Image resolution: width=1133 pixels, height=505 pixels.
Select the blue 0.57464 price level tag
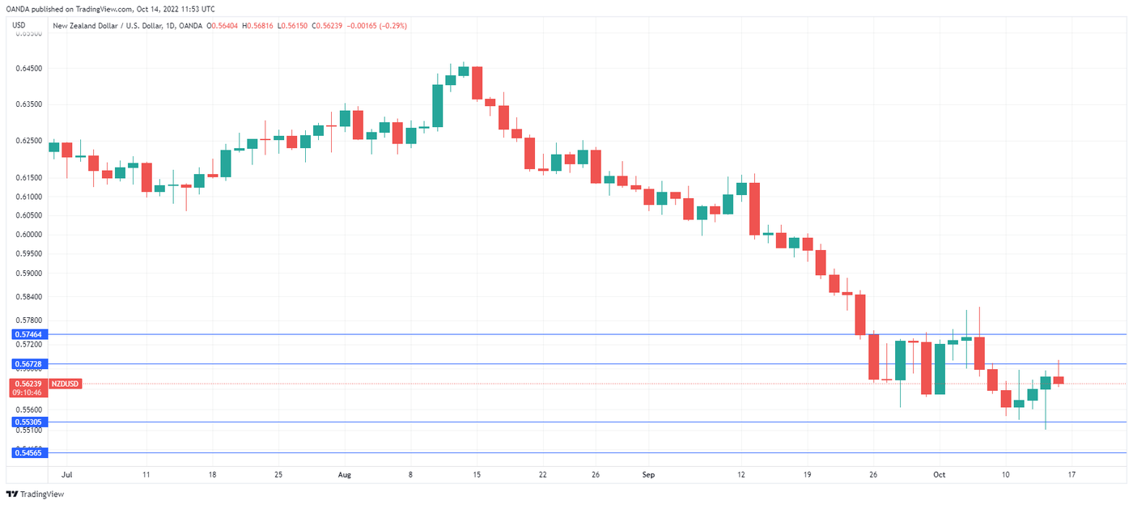point(28,334)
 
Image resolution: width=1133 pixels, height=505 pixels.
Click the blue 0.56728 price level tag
point(28,364)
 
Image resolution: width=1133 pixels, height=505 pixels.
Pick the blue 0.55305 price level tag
point(28,422)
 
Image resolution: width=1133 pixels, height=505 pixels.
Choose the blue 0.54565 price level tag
point(28,452)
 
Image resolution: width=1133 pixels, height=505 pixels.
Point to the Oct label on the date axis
point(939,474)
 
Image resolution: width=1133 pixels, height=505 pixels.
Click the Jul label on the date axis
point(66,474)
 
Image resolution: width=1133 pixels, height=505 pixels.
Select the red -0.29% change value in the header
point(390,26)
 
